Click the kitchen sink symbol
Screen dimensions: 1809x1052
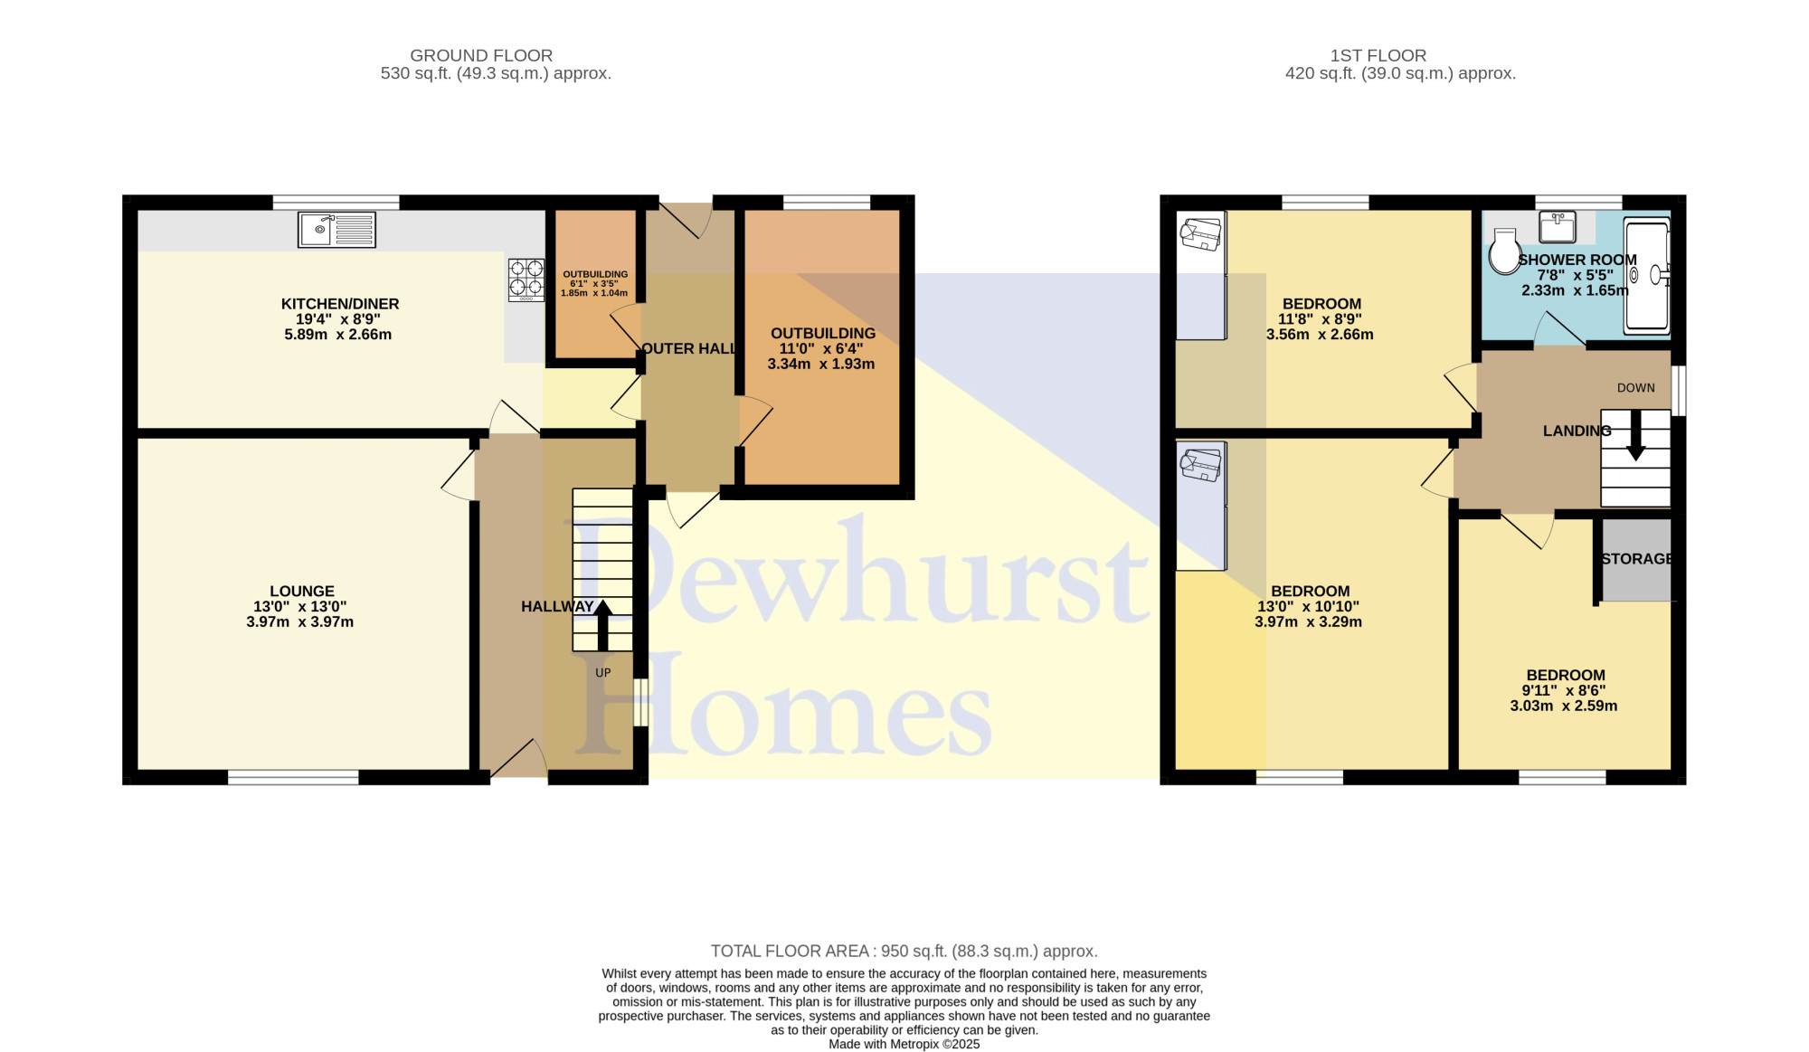(x=336, y=230)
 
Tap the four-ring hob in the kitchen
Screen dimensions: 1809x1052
(x=526, y=280)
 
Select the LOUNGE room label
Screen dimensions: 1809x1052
(x=302, y=592)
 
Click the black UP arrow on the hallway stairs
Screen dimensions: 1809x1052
(x=602, y=626)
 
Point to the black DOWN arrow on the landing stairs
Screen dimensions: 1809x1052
(x=1635, y=436)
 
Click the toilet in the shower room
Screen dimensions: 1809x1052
(x=1505, y=251)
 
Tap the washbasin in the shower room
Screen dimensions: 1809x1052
(x=1558, y=227)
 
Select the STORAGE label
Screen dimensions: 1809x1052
(x=1636, y=559)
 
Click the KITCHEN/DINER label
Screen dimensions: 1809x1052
(x=340, y=304)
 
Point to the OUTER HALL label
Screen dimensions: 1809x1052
(x=688, y=348)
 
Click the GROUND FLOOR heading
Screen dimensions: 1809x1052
(x=481, y=55)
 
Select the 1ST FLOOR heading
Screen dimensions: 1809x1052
(x=1378, y=55)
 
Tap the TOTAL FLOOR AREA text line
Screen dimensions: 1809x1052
(x=904, y=951)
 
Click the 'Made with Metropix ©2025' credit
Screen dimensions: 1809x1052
(x=904, y=1044)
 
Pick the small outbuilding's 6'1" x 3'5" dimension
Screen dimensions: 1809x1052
(x=594, y=284)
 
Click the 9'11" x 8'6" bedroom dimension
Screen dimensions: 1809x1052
(x=1564, y=690)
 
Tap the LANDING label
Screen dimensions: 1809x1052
(x=1577, y=431)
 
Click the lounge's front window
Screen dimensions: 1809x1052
(x=293, y=777)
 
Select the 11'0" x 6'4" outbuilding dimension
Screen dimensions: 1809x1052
(x=821, y=348)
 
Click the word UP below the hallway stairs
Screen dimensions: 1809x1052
(x=603, y=673)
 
